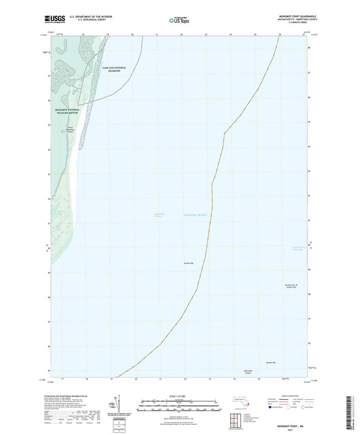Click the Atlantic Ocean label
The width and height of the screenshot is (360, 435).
(195, 214)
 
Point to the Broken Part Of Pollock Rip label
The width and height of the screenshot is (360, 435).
(290, 287)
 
